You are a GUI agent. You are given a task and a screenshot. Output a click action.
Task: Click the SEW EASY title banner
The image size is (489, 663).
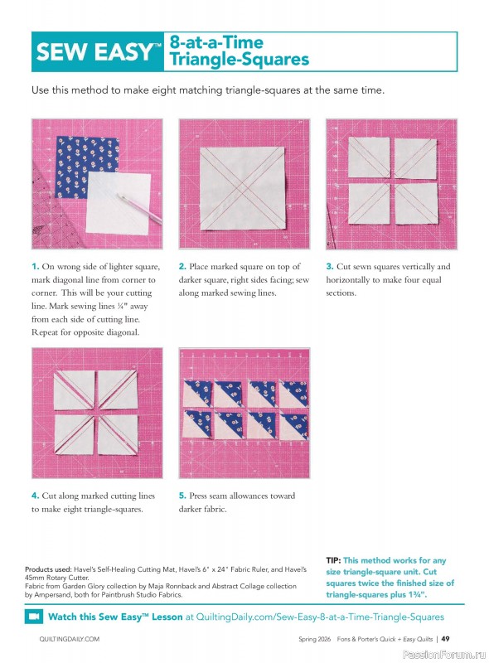click(98, 52)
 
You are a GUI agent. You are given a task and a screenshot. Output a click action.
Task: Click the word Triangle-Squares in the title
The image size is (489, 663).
click(239, 60)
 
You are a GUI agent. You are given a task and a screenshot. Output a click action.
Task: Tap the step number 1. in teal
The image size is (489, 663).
click(36, 267)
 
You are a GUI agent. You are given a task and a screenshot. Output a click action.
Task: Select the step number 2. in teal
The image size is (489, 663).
click(182, 267)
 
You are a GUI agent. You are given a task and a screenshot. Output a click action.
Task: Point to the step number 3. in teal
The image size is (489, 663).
click(329, 267)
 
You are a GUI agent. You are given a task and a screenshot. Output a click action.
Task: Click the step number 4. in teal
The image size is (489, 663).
click(36, 496)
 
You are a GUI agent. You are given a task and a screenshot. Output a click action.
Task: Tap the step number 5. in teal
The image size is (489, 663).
click(182, 496)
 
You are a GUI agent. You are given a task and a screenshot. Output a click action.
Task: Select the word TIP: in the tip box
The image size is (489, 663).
click(334, 561)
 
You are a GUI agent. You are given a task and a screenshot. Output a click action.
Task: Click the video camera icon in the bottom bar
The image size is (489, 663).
click(34, 617)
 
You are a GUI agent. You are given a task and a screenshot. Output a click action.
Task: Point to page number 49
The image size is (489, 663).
click(445, 639)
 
